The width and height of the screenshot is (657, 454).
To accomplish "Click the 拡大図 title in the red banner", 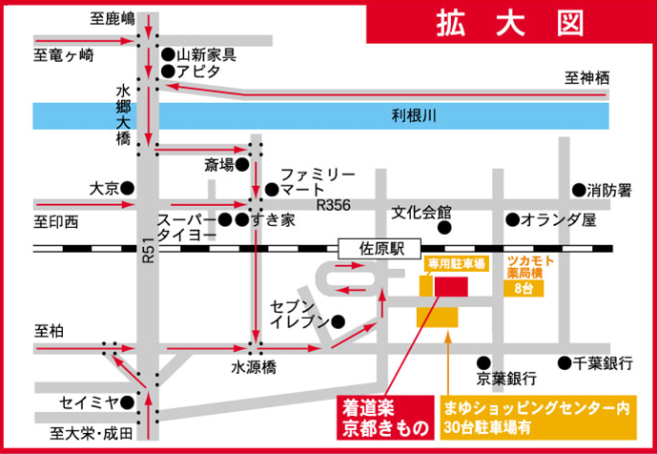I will (510, 24).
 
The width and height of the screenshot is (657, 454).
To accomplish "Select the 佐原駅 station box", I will (371, 247).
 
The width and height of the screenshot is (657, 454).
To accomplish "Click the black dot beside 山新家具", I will (168, 55).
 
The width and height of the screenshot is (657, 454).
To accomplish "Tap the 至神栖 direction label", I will (585, 77).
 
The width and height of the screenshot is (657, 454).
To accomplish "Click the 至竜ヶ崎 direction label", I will (64, 55).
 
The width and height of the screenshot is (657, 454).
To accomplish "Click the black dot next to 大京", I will (127, 188).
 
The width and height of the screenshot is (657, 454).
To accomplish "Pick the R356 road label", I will (335, 204).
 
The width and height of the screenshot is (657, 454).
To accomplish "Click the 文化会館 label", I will (421, 211).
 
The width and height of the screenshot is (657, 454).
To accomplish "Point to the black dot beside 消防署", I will (578, 190).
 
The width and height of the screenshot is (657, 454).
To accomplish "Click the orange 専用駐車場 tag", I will (456, 262).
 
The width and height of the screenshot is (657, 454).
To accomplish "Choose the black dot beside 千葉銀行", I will (565, 362).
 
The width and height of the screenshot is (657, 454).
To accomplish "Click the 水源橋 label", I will (253, 365).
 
